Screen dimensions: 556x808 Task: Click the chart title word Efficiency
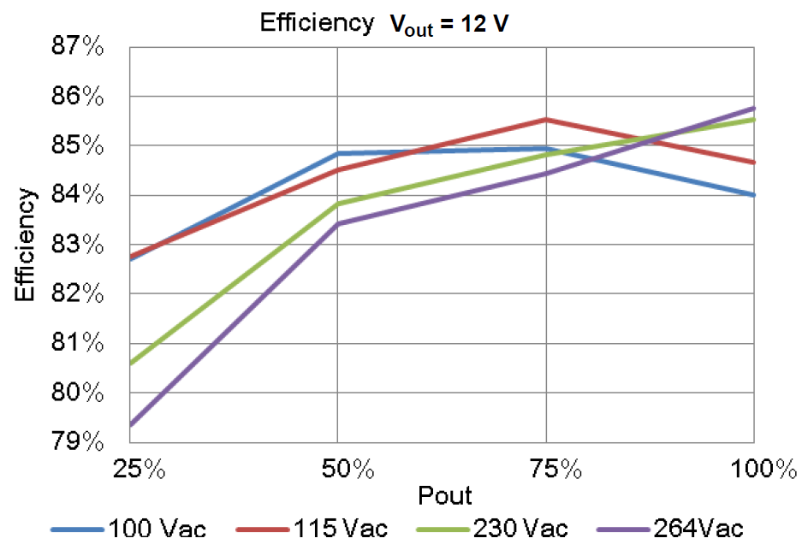316,23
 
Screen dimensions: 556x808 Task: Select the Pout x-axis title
444,495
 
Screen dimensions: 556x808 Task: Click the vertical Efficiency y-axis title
26,245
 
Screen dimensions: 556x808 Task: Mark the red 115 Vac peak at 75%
546,120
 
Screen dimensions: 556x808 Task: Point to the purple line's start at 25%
130,425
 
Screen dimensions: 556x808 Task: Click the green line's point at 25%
130,364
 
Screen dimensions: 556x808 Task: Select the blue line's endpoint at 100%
754,196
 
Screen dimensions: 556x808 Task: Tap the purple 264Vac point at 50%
338,224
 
